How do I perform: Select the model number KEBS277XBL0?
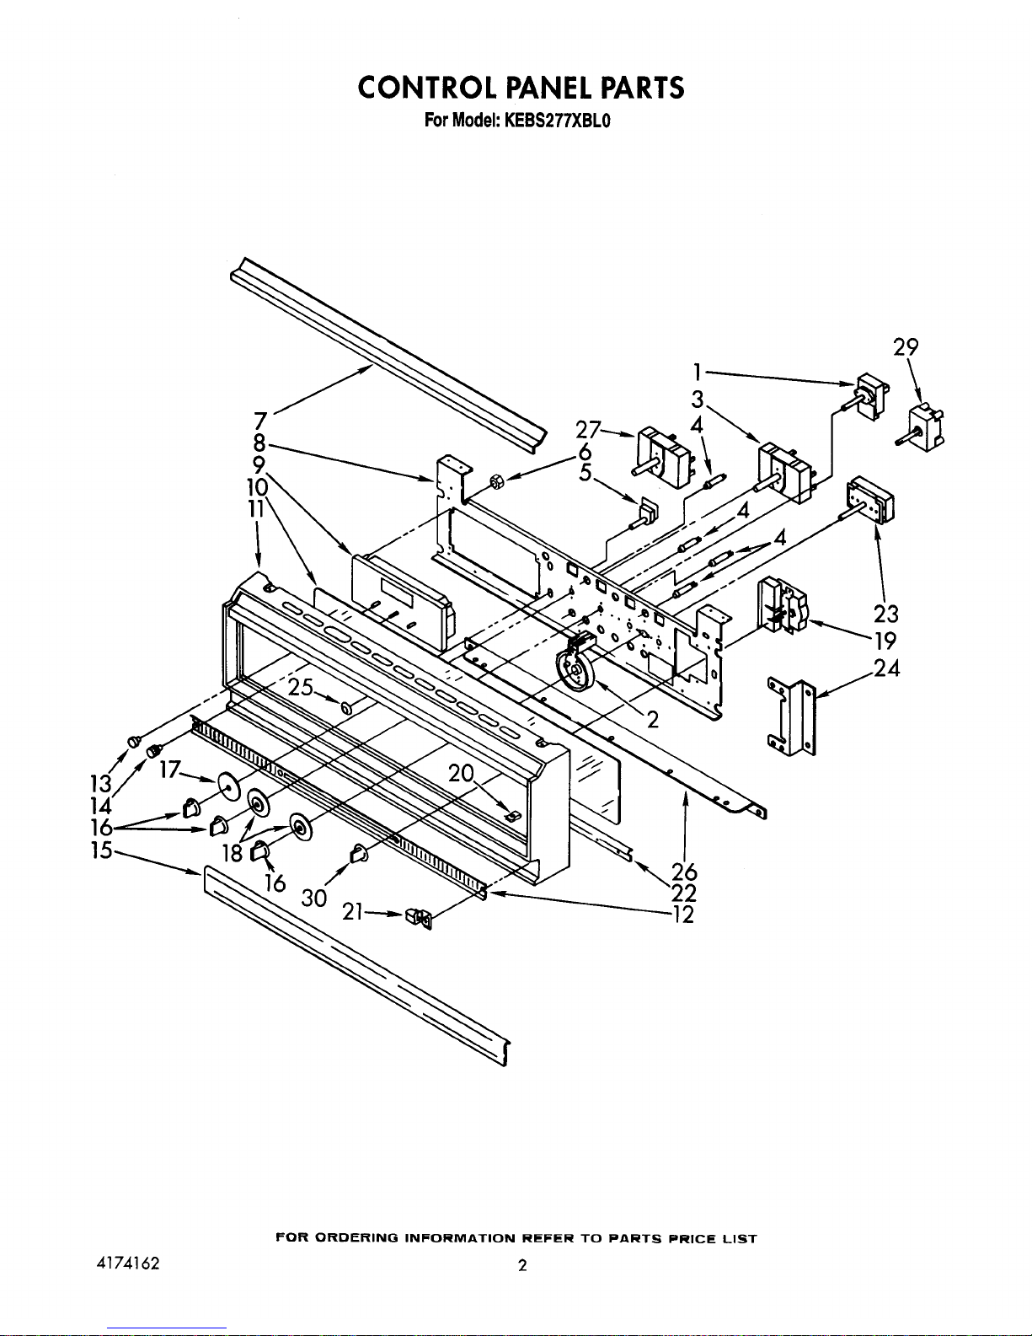(557, 121)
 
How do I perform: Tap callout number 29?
(906, 347)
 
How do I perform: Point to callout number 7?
(260, 421)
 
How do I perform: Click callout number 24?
(886, 668)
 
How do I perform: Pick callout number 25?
(301, 687)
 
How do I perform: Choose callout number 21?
(352, 912)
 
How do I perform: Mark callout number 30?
(314, 899)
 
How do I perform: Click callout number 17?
(169, 769)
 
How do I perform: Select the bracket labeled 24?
(792, 716)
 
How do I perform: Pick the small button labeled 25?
(348, 708)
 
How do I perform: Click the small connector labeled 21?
(418, 919)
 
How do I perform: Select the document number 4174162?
(128, 1263)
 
